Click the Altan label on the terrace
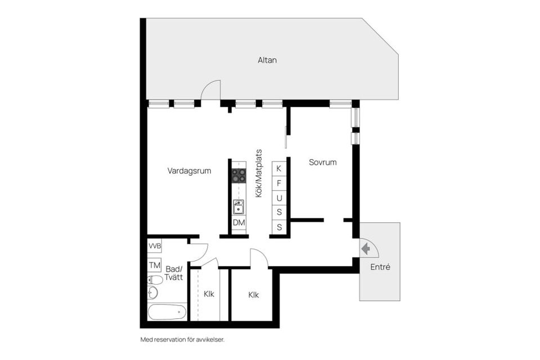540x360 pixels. coord(267,60)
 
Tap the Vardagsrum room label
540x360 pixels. coord(189,171)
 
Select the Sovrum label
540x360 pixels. coord(323,163)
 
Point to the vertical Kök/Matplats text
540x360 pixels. coord(259,173)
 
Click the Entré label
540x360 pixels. coord(380,267)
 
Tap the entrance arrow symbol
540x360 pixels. coord(366,248)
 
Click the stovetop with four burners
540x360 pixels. coord(239,175)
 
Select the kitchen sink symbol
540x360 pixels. coord(239,207)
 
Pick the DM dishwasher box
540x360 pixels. coord(239,223)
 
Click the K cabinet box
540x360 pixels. coord(279,168)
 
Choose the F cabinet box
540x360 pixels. coord(279,183)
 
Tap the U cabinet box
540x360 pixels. coord(279,198)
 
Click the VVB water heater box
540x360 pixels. coord(155,246)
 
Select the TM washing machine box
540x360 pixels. coord(155,265)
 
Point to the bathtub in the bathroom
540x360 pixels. coord(166,311)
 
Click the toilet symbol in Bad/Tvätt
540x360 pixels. coord(155,280)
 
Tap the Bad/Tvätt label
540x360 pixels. coord(174,273)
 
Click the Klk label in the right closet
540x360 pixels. coord(254,295)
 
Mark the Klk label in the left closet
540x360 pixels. coord(209,294)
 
